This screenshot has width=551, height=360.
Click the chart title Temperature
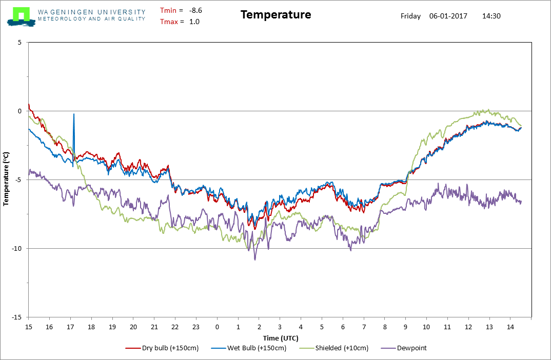click(x=276, y=15)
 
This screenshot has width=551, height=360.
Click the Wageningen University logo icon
click(x=21, y=16)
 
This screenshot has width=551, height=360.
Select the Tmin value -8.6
click(x=195, y=11)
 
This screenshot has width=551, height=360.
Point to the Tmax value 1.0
click(x=194, y=22)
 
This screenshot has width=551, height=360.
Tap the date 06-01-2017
click(x=448, y=16)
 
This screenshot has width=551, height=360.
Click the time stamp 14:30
click(x=491, y=16)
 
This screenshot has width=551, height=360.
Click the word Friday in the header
click(x=410, y=16)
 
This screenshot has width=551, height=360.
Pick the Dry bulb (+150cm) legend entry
click(x=162, y=348)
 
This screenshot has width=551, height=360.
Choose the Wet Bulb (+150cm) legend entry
click(x=249, y=348)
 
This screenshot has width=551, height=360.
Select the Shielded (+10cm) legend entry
click(x=334, y=348)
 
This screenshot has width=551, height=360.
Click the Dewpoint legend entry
click(x=403, y=348)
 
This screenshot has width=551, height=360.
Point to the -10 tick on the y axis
click(x=16, y=249)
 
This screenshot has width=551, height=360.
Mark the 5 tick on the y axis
click(x=19, y=43)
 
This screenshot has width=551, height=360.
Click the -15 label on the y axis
click(x=16, y=317)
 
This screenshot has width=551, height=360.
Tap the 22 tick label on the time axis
click(x=175, y=327)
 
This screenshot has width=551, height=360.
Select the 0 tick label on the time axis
click(x=217, y=327)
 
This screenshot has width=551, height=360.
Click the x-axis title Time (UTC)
click(x=281, y=338)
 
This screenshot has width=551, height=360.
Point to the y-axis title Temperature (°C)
click(x=6, y=179)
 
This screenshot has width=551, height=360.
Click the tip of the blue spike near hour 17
click(x=74, y=114)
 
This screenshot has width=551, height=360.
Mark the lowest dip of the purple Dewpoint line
click(x=255, y=260)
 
